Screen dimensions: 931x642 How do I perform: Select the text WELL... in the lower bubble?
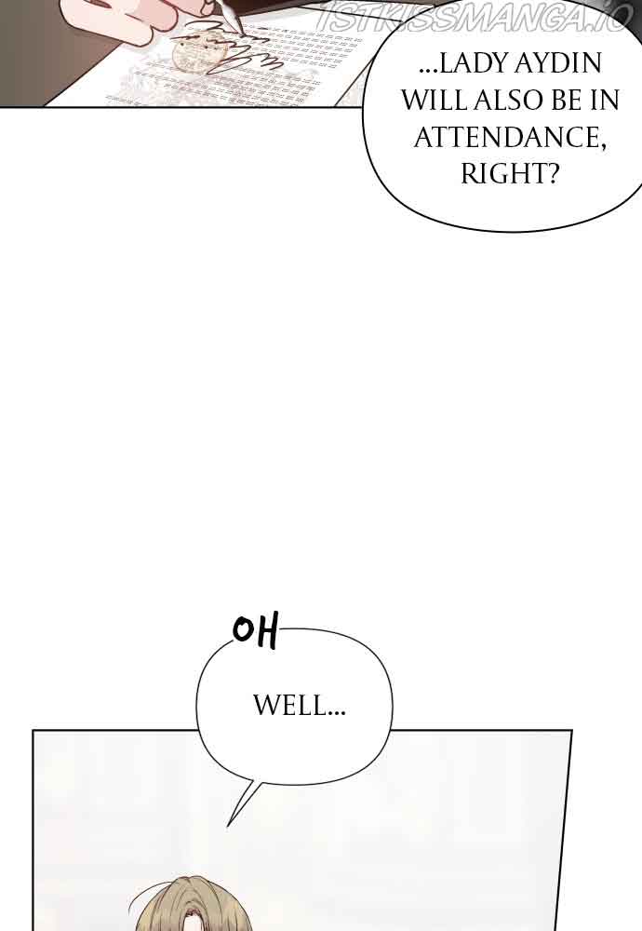(x=300, y=707)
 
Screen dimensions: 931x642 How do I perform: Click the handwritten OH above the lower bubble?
(x=255, y=632)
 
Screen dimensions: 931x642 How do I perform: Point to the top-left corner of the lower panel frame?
(x=33, y=731)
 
